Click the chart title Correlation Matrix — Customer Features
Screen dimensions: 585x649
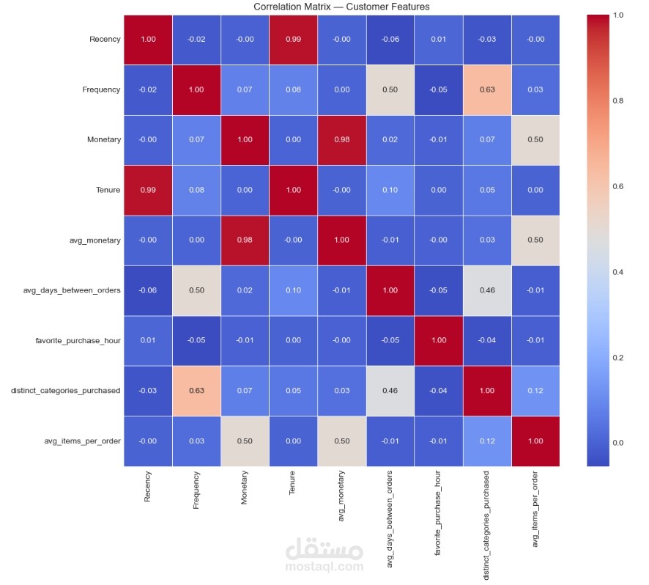pyautogui.click(x=341, y=7)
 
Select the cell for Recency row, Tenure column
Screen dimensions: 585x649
pyautogui.click(x=293, y=40)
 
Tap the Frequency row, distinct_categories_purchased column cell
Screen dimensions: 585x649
pyautogui.click(x=486, y=89)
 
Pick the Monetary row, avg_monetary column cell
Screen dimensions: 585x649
pyautogui.click(x=341, y=139)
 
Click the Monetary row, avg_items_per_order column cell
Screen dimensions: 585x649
pyautogui.click(x=535, y=139)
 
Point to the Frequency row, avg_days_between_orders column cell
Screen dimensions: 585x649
pyautogui.click(x=390, y=89)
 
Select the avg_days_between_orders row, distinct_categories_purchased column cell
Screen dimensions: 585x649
pyautogui.click(x=486, y=290)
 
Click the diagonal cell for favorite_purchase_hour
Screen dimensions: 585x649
pyautogui.click(x=438, y=340)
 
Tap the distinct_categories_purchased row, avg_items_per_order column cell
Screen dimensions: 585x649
pyautogui.click(x=535, y=390)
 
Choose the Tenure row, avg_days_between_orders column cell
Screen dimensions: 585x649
pyautogui.click(x=390, y=190)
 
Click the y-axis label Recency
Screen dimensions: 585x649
pyautogui.click(x=105, y=40)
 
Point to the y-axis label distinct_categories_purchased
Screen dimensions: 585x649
pyautogui.click(x=65, y=390)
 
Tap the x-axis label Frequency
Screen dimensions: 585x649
pyautogui.click(x=196, y=490)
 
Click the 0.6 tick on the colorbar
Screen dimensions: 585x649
pyautogui.click(x=619, y=186)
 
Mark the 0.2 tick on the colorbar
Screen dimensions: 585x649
pyautogui.click(x=619, y=357)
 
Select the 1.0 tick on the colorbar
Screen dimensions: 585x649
pyautogui.click(x=619, y=15)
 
